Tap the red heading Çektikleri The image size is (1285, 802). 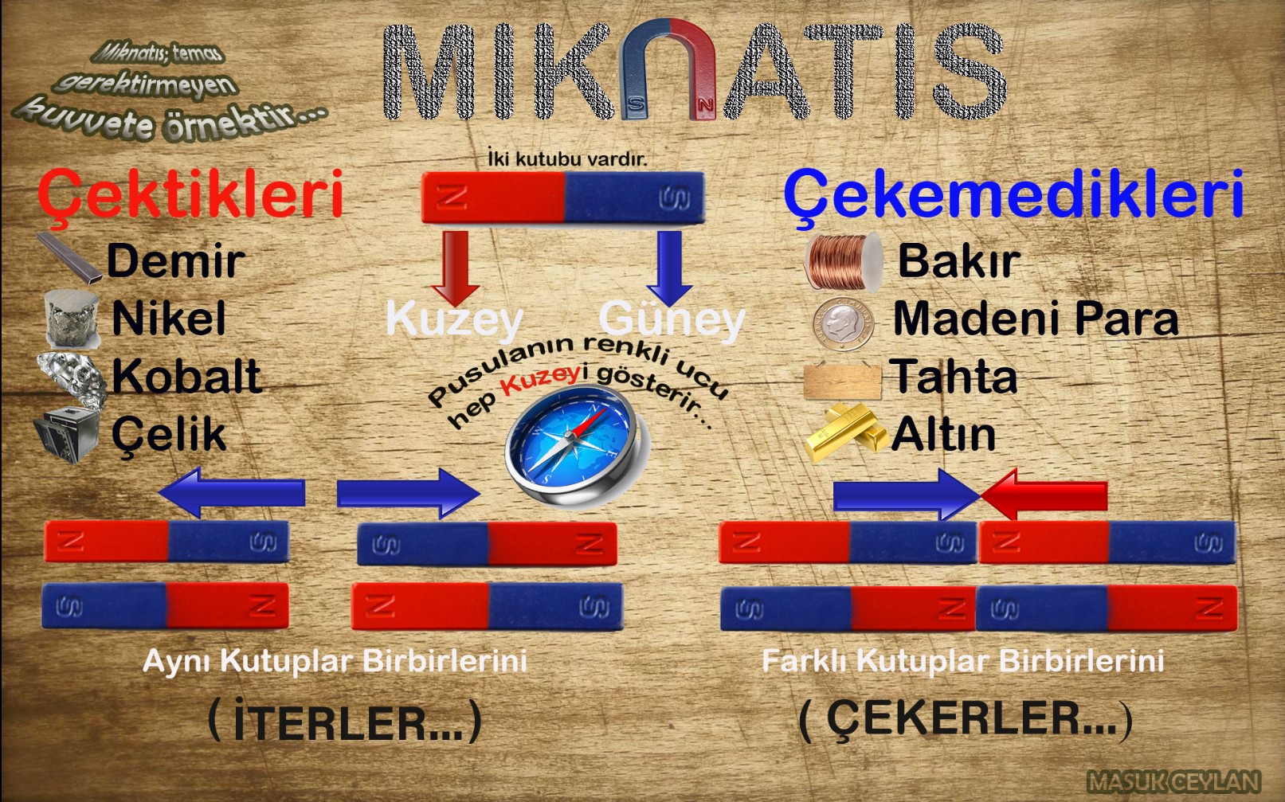tap(190, 194)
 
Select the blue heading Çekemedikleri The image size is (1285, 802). tap(1013, 194)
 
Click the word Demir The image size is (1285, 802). tap(175, 261)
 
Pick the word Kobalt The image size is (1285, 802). tap(186, 376)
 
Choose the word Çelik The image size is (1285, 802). tap(169, 435)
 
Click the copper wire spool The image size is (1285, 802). tap(844, 261)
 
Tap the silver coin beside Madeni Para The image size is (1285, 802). tap(844, 323)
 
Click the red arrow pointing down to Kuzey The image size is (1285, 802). tap(456, 268)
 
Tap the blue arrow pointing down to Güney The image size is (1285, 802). tap(669, 268)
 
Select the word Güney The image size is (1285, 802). tap(672, 320)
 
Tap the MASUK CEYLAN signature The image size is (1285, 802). tap(1173, 782)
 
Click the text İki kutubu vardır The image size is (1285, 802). tap(566, 158)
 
